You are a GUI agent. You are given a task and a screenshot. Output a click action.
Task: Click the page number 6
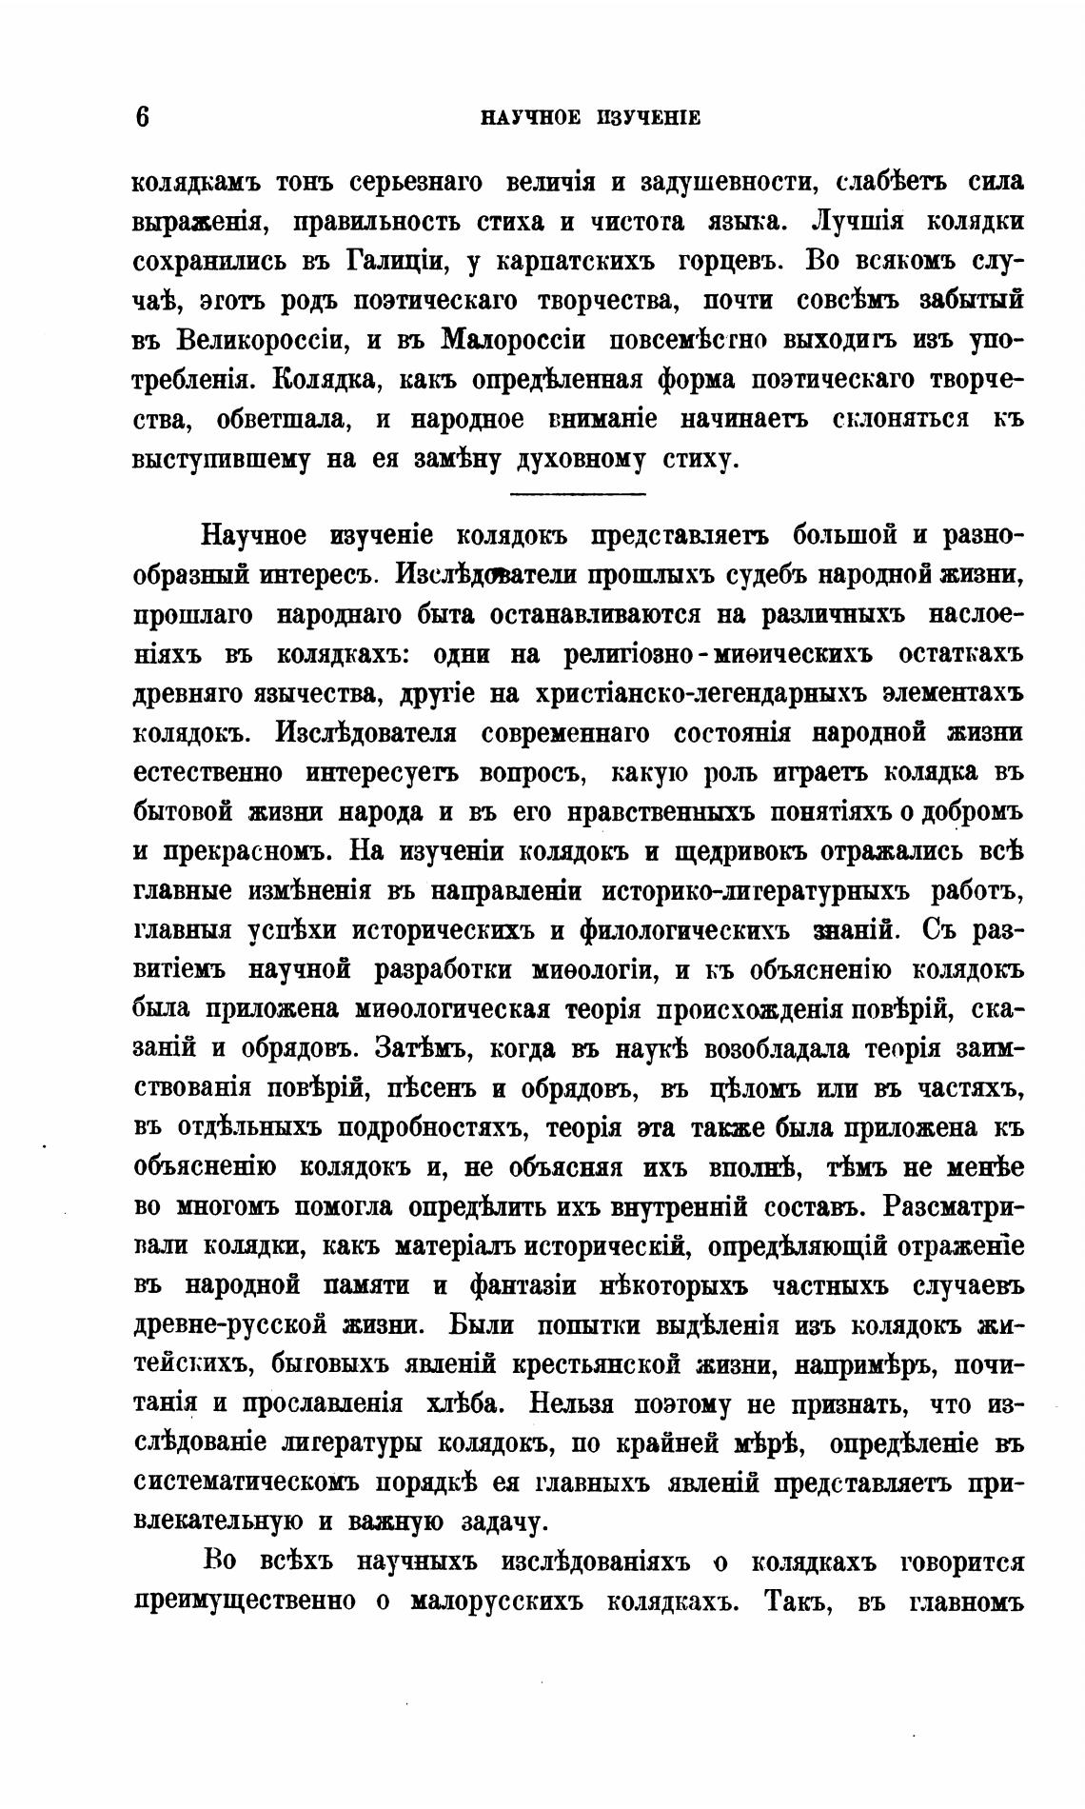click(x=142, y=116)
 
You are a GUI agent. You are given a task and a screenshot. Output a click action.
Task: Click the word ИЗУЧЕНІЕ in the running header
click(x=647, y=118)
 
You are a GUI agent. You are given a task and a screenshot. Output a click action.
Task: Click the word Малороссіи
click(x=513, y=340)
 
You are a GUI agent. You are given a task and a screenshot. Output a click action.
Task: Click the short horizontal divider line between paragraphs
click(x=578, y=492)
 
